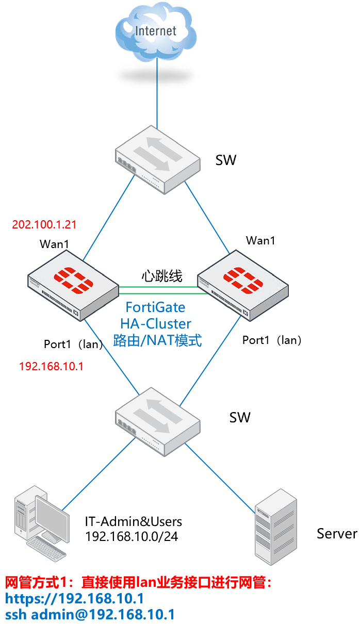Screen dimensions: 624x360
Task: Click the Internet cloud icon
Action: click(x=156, y=32)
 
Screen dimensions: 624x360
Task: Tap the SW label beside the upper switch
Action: click(x=226, y=160)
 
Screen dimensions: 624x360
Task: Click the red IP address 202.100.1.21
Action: click(x=44, y=225)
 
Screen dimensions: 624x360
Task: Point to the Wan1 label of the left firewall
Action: click(x=54, y=244)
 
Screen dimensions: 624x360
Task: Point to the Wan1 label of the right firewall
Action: click(x=260, y=240)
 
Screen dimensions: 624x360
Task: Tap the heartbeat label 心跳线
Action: click(x=162, y=276)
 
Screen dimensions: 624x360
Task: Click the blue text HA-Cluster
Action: click(x=156, y=324)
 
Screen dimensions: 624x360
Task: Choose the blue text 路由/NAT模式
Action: click(x=157, y=340)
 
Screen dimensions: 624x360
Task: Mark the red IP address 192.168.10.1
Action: click(x=51, y=367)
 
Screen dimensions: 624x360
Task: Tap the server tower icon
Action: click(x=276, y=526)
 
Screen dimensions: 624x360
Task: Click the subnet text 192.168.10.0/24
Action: click(x=132, y=536)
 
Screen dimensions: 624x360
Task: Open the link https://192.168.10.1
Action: click(x=74, y=599)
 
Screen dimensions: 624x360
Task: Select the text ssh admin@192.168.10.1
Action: click(x=90, y=615)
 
